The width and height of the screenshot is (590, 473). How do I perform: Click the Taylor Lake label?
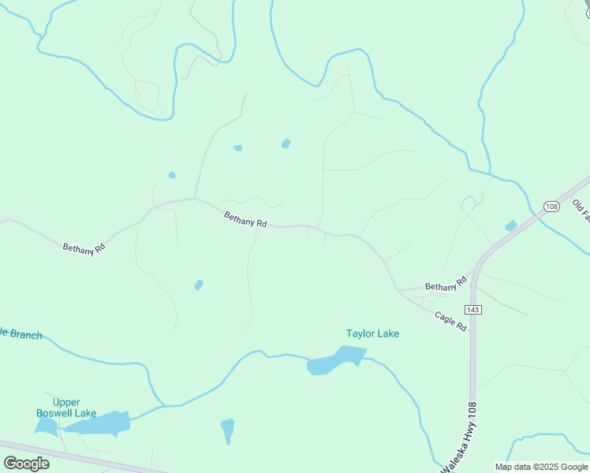click(372, 333)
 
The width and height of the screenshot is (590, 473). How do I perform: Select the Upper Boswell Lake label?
click(66, 408)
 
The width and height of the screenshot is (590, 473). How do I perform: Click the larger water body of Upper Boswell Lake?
click(98, 424)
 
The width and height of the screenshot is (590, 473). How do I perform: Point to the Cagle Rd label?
click(450, 320)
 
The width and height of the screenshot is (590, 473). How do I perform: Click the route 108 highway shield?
click(551, 207)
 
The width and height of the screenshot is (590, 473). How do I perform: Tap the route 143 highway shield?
click(473, 310)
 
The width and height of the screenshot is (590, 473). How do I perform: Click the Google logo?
click(26, 463)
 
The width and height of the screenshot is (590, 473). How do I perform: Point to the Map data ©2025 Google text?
click(540, 466)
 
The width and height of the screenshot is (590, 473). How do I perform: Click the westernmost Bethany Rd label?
click(84, 248)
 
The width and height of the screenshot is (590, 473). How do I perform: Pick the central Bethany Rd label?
click(245, 219)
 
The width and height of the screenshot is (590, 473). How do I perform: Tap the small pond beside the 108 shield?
click(510, 226)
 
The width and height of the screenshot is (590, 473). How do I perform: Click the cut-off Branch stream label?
click(21, 334)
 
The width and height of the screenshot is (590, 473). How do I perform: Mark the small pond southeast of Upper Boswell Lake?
click(227, 430)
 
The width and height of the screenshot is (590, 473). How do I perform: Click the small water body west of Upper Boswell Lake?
click(45, 426)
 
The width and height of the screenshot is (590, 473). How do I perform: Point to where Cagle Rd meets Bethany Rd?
click(400, 291)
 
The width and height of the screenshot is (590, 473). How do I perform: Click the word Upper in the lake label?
click(66, 402)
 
